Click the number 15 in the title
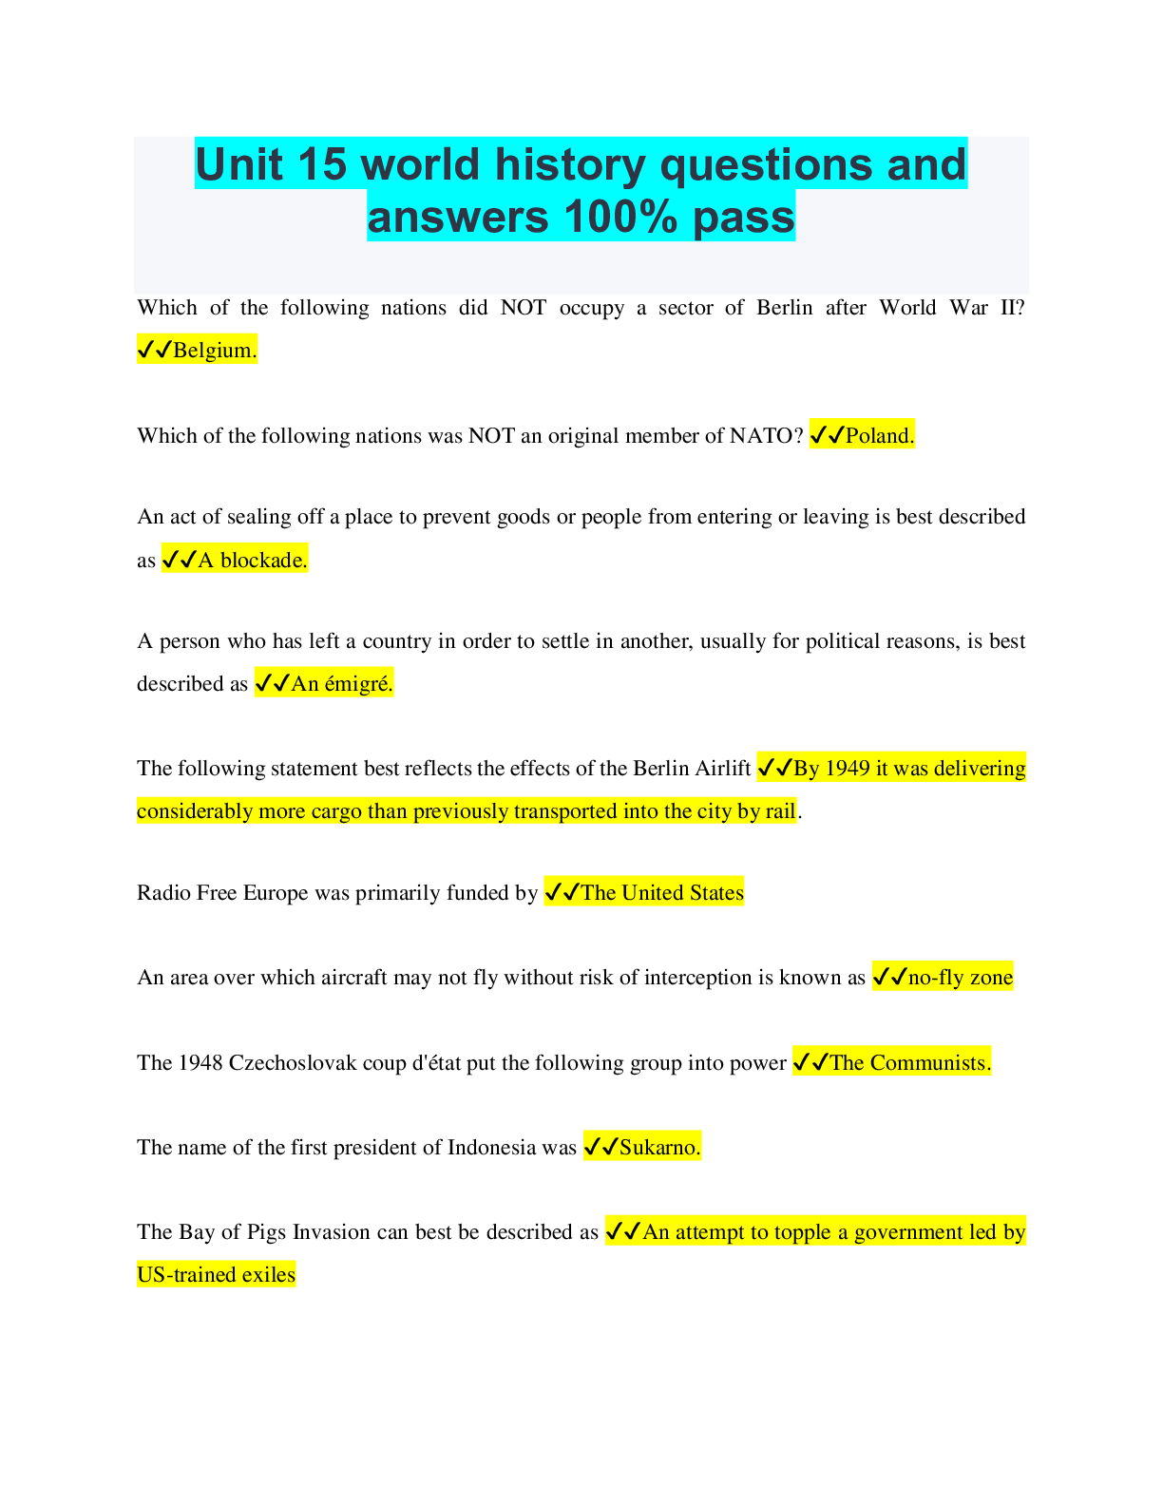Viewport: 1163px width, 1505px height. (321, 164)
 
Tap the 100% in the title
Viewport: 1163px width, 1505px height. (620, 217)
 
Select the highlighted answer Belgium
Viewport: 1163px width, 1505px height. (214, 351)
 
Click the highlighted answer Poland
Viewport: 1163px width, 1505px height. (880, 436)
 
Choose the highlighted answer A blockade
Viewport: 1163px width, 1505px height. (252, 561)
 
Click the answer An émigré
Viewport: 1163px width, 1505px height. (341, 684)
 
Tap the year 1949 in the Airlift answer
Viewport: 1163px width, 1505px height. (848, 769)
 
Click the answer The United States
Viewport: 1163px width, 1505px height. (661, 893)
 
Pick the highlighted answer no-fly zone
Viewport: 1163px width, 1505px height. (961, 978)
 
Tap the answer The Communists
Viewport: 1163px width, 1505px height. (909, 1063)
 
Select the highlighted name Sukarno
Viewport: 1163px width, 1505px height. (659, 1148)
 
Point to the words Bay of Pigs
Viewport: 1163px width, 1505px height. (233, 1232)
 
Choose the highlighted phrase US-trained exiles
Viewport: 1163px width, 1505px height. (216, 1275)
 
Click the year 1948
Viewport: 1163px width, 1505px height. (200, 1063)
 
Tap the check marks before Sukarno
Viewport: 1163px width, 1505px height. (601, 1148)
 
